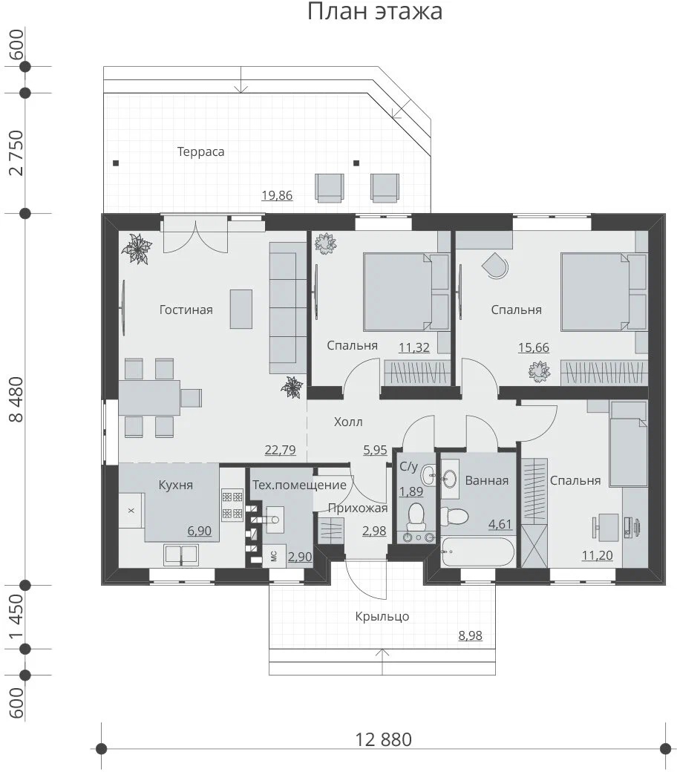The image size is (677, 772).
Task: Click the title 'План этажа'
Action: pos(375,11)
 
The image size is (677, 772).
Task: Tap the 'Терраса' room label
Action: pos(201,151)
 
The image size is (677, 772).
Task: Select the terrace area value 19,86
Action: pos(277,195)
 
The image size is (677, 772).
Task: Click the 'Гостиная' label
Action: pos(186,310)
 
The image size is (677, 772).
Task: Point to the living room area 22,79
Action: pos(280,450)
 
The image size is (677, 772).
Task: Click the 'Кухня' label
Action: pos(175,485)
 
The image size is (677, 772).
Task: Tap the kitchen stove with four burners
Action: pos(232,504)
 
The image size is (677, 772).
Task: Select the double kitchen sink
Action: pos(181,555)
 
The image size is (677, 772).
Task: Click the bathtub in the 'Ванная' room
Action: pos(477,551)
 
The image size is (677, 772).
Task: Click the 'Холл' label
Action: pos(348,422)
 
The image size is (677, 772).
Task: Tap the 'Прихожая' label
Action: pos(358,508)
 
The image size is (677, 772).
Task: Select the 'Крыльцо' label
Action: pos(382,616)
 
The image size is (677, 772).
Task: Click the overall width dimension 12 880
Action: pos(384,739)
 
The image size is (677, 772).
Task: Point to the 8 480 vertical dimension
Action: pos(16,399)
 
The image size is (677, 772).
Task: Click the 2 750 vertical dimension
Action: pos(16,153)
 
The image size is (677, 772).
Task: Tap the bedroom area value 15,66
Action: pos(533,347)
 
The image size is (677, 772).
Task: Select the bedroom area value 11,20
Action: pos(598,555)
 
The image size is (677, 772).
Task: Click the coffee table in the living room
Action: pos(241,309)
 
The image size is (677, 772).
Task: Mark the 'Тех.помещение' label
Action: pos(299,485)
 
